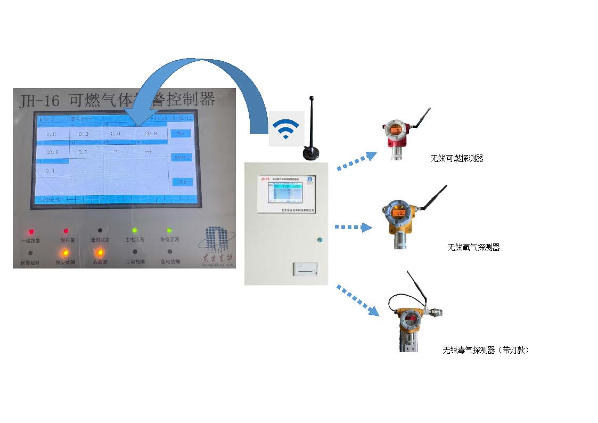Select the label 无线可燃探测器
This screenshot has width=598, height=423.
pyautogui.click(x=457, y=159)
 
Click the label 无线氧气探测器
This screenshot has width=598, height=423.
pyautogui.click(x=473, y=248)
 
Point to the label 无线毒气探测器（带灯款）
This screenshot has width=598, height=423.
pyautogui.click(x=486, y=350)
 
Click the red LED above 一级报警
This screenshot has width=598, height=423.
pyautogui.click(x=31, y=232)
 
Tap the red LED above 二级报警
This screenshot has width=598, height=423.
pyautogui.click(x=66, y=231)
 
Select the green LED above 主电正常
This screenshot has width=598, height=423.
pyautogui.click(x=135, y=231)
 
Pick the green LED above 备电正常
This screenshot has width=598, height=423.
pyautogui.click(x=169, y=231)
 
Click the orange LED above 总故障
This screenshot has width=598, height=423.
pyautogui.click(x=99, y=253)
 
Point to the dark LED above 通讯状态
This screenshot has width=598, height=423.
pyautogui.click(x=100, y=231)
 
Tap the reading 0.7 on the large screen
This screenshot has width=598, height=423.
pyautogui.click(x=83, y=152)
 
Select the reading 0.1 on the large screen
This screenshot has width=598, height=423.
pyautogui.click(x=50, y=170)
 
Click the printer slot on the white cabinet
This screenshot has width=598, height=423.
pyautogui.click(x=307, y=271)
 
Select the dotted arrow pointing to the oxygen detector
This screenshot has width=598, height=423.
pyautogui.click(x=353, y=227)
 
